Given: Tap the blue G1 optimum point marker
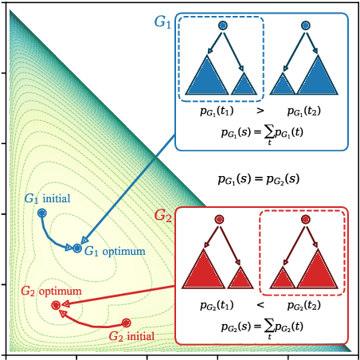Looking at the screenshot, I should tap(77, 248).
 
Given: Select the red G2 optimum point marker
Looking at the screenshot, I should tap(56, 305).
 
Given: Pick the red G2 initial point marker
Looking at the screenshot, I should tap(127, 323).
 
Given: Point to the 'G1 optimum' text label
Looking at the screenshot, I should tap(115, 252).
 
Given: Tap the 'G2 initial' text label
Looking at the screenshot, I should tap(131, 337).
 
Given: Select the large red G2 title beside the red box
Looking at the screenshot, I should tap(164, 216).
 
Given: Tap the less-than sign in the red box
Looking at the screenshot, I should tap(260, 305).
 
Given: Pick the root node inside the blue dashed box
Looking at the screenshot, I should tap(222, 26).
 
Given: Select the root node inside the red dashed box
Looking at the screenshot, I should tap(304, 221).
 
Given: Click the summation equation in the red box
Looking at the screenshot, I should tap(260, 326).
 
